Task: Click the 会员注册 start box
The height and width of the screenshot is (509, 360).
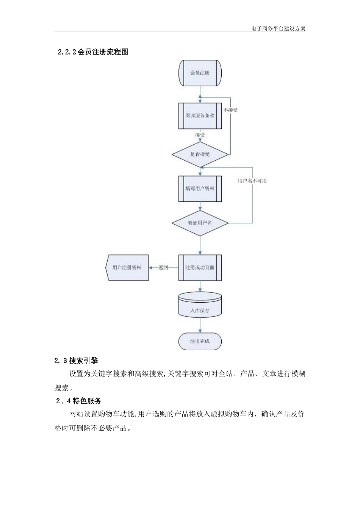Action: pyautogui.click(x=200, y=73)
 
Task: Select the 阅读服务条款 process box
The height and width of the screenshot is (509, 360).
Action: pyautogui.click(x=200, y=116)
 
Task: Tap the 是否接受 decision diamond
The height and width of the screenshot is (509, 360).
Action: pyautogui.click(x=200, y=154)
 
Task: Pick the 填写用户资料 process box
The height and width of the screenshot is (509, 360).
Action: pyautogui.click(x=200, y=188)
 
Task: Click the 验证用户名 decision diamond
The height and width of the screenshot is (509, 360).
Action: pyautogui.click(x=200, y=223)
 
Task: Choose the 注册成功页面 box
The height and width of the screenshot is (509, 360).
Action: pyautogui.click(x=200, y=267)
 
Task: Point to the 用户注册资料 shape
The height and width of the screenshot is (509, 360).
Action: pyautogui.click(x=127, y=267)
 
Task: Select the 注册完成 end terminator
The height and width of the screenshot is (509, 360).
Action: pyautogui.click(x=200, y=341)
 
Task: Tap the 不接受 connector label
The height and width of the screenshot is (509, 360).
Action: pyautogui.click(x=230, y=110)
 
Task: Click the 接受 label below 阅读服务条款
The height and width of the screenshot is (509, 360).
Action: pyautogui.click(x=200, y=134)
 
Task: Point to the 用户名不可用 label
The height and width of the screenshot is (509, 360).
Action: pyautogui.click(x=252, y=181)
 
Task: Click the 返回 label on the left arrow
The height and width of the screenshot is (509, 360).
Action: pyautogui.click(x=163, y=267)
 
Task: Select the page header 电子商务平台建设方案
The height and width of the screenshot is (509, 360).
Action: pyautogui.click(x=278, y=28)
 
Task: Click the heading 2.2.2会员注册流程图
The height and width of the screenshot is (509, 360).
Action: pyautogui.click(x=93, y=52)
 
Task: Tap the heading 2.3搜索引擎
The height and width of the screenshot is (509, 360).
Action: pyautogui.click(x=76, y=361)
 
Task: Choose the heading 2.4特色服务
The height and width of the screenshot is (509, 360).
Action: pyautogui.click(x=78, y=401)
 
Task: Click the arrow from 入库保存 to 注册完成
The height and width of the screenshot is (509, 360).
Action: pyautogui.click(x=200, y=325)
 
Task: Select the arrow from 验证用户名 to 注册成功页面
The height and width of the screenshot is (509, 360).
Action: pyautogui.click(x=200, y=245)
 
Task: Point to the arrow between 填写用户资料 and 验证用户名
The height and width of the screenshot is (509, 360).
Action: pyautogui.click(x=200, y=206)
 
